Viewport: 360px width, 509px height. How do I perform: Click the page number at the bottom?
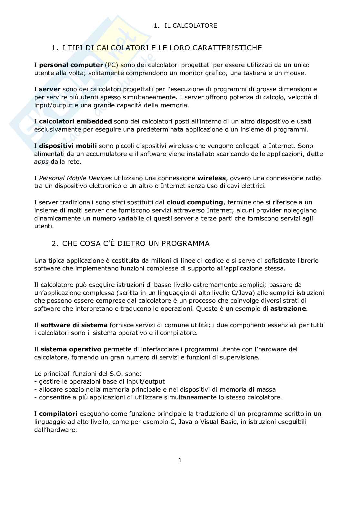(x=180, y=460)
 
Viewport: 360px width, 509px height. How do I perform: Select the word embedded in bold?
(x=96, y=122)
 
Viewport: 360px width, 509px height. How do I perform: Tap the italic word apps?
(x=42, y=162)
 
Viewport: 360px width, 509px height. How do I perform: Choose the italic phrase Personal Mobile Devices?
(x=75, y=178)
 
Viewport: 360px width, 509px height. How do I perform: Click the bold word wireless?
(x=212, y=178)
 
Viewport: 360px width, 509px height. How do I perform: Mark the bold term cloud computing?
(x=195, y=202)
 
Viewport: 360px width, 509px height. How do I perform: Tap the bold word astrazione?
(x=288, y=309)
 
